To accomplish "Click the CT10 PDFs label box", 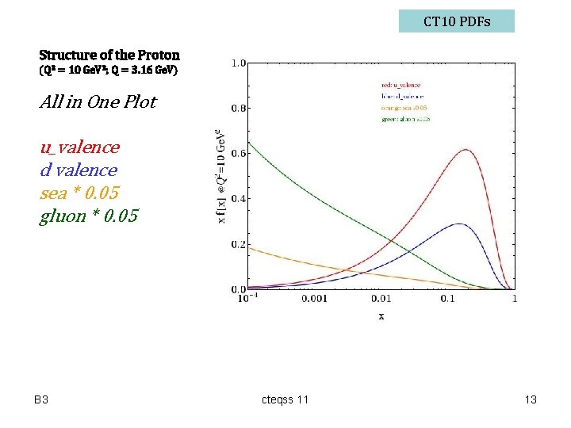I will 456,21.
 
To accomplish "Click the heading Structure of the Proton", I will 109,55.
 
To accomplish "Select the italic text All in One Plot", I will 98,101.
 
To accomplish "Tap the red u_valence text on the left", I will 79,147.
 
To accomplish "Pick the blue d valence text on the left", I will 78,170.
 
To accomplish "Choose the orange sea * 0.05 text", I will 79,193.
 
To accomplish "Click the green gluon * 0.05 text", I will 88,216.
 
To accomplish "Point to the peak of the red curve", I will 466,150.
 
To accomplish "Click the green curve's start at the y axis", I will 249,143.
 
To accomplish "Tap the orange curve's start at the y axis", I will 249,248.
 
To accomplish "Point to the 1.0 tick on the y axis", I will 237,63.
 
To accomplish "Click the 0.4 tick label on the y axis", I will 237,199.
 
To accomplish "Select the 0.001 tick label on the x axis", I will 314,299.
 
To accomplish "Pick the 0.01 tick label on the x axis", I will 381,299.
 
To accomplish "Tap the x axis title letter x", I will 381,315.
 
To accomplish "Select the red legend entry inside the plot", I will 400,85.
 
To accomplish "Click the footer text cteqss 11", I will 285,399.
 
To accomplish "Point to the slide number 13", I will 531,399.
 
